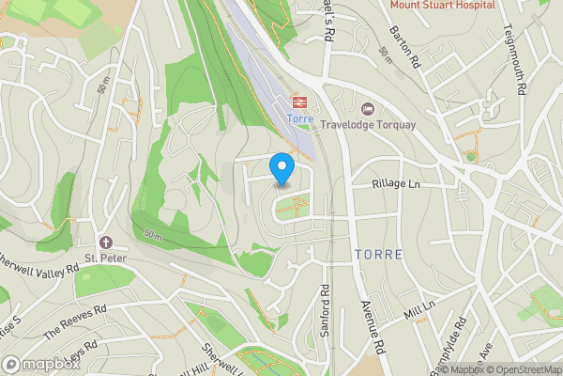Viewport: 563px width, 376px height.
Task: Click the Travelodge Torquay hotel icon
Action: [x=367, y=109]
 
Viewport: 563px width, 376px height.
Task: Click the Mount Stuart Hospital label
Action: [x=443, y=5]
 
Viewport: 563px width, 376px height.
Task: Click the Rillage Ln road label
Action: [x=395, y=185]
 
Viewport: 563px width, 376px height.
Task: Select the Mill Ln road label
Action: [x=420, y=309]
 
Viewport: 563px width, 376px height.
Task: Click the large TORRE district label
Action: [x=378, y=255]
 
